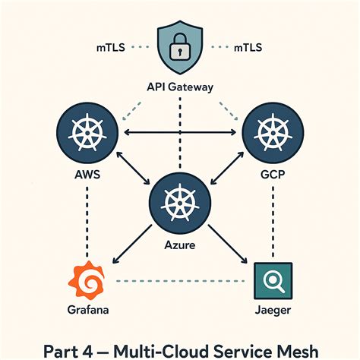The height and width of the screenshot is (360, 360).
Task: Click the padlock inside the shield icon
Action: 180,49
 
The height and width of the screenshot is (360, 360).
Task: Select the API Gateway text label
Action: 180,87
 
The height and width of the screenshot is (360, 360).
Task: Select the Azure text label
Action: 180,246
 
